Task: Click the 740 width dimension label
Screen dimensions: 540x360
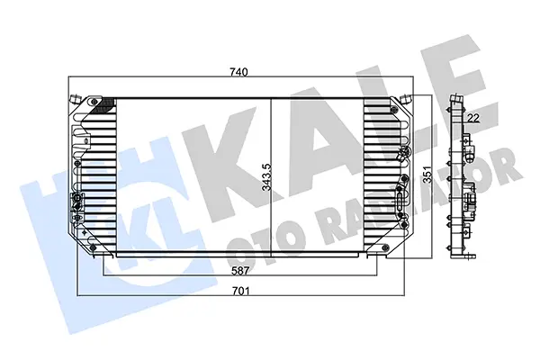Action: tap(238, 72)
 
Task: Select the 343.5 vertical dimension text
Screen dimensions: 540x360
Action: tap(266, 177)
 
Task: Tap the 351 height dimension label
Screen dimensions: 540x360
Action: tap(427, 177)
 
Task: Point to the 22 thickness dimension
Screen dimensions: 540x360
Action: tap(473, 118)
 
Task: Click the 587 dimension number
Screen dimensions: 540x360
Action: tap(240, 271)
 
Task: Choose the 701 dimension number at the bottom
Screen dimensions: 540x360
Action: tap(240, 291)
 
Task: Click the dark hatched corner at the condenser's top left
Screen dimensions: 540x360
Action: tap(103, 105)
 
